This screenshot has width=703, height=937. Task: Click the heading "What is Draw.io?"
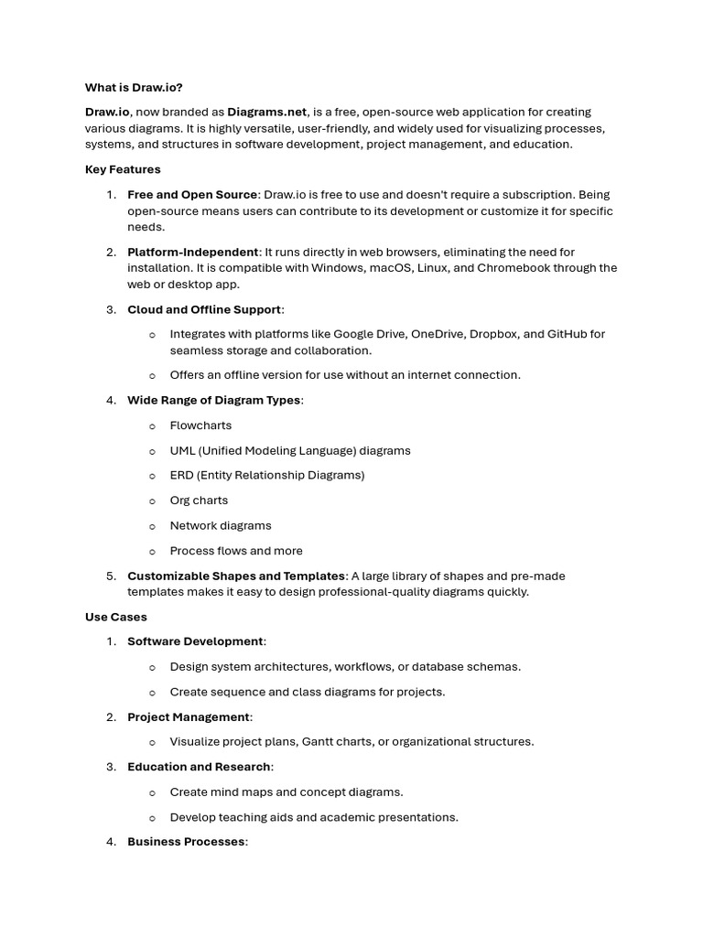134,87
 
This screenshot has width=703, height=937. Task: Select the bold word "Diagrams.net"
266,112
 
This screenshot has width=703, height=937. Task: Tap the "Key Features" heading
123,169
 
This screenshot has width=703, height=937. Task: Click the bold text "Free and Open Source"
192,194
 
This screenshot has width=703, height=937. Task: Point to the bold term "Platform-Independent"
193,252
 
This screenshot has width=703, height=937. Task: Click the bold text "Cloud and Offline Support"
204,309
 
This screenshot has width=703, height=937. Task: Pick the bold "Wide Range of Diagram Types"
213,400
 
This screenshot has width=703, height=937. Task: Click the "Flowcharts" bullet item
200,425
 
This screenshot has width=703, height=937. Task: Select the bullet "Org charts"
199,501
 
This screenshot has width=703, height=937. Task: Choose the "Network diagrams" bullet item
221,525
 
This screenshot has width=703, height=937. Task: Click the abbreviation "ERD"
182,475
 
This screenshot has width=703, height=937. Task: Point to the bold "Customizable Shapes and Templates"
236,576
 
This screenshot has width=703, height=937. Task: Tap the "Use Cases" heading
116,617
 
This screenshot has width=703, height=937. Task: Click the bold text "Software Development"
195,641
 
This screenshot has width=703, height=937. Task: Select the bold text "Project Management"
189,716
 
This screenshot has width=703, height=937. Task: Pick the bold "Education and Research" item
199,767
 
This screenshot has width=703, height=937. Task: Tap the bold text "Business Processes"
186,842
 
